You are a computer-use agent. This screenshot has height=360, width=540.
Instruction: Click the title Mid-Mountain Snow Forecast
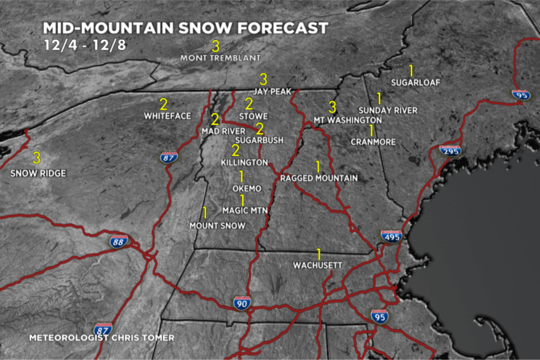(x=186, y=28)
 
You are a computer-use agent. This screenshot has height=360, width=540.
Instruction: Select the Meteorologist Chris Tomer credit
(x=101, y=337)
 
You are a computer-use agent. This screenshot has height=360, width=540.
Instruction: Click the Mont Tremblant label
(x=220, y=57)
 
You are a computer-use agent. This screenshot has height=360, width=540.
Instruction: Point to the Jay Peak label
(x=272, y=91)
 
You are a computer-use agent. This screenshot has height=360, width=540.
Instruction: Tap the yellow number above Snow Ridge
(x=36, y=158)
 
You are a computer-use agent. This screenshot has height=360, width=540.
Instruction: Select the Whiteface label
(x=168, y=115)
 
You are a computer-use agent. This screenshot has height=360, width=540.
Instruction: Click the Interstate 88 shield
(x=119, y=241)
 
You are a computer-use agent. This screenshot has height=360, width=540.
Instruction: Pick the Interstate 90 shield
(x=242, y=303)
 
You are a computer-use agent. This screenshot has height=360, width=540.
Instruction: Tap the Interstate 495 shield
(x=391, y=236)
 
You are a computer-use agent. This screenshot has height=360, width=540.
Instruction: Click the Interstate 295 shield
(x=450, y=151)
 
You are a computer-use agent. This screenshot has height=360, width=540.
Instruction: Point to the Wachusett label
(x=318, y=266)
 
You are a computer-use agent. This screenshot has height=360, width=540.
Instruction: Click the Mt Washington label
(x=348, y=120)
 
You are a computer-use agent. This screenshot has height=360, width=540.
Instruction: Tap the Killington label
(x=245, y=163)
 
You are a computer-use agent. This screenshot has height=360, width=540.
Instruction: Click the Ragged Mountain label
(x=319, y=178)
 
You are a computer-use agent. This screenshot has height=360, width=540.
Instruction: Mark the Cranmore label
(x=373, y=142)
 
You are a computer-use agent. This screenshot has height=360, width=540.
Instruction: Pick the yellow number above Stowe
(x=249, y=104)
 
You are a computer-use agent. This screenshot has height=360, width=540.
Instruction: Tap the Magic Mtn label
(x=245, y=210)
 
